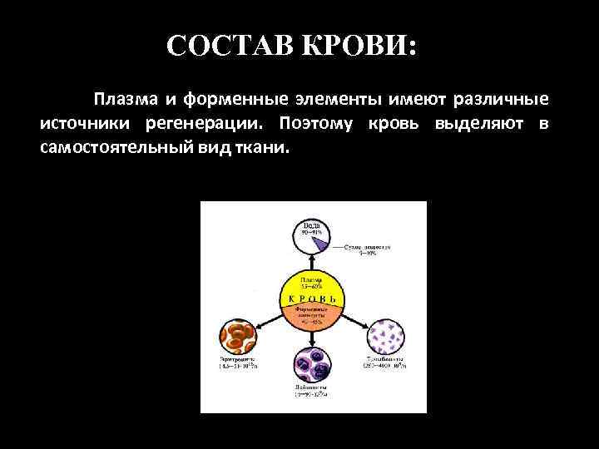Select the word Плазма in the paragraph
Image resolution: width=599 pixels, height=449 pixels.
(124, 100)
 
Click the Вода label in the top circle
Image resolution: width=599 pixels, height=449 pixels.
(313, 224)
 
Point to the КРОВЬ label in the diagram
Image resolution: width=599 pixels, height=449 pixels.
(312, 299)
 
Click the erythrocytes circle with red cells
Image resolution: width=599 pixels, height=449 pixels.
(240, 338)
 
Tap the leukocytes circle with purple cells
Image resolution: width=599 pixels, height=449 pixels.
(313, 366)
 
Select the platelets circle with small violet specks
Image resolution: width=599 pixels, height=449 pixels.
(386, 338)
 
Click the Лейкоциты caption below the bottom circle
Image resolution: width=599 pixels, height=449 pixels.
(313, 387)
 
